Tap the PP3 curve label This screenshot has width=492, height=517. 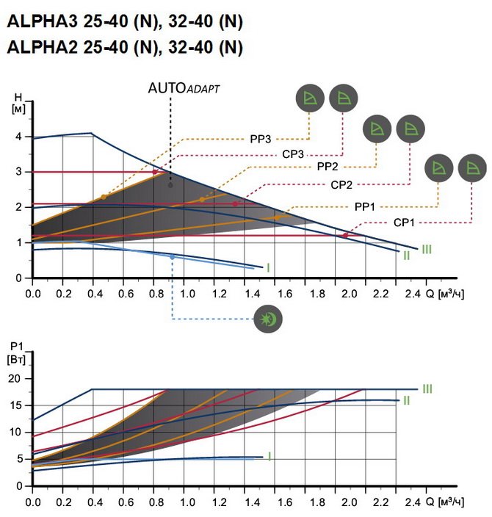pos(260,137)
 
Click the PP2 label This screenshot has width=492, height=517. pos(328,167)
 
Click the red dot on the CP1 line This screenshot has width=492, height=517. pos(345,235)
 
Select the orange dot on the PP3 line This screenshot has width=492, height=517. pos(104,197)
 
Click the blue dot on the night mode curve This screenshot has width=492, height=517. pos(173,257)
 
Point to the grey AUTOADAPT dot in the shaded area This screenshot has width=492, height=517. pos(170,185)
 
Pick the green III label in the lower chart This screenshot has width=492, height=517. pos(427,388)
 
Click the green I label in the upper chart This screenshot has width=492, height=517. pos(269,268)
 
